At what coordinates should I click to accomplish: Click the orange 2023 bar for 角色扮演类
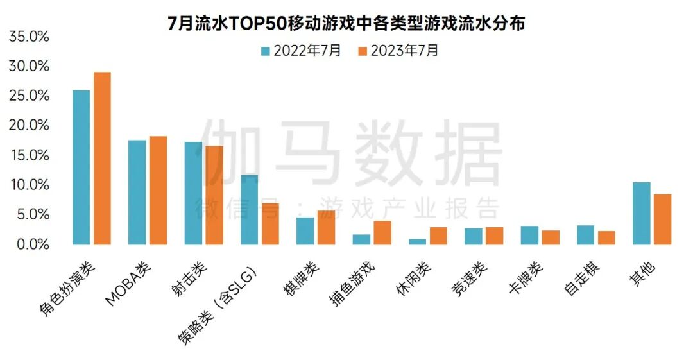pos(102,158)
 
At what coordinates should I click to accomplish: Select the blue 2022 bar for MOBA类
pos(137,192)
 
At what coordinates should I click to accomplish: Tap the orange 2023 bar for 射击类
pos(214,195)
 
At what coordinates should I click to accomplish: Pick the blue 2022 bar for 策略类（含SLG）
pos(249,209)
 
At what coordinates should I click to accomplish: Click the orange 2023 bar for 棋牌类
pos(326,227)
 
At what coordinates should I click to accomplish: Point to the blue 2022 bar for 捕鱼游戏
pos(361,239)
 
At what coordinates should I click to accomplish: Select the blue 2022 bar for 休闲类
pos(417,241)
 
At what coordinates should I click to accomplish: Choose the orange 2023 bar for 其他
pos(662,219)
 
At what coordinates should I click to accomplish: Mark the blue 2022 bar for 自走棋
pos(585,235)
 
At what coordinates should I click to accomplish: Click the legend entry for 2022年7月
pos(301,51)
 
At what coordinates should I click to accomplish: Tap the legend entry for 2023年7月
pos(398,51)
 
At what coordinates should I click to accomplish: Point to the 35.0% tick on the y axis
pos(30,37)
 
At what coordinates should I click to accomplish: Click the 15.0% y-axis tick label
pos(30,155)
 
